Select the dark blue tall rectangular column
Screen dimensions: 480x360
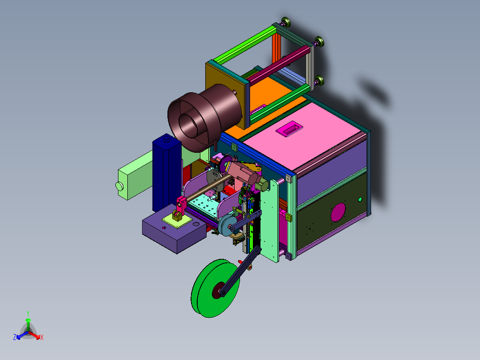(x=167, y=173)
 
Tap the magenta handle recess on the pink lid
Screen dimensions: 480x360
(x=289, y=128)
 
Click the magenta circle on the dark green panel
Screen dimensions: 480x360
(x=338, y=213)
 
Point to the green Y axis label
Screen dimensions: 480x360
(x=28, y=314)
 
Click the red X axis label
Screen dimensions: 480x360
(x=42, y=337)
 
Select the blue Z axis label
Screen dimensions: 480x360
(x=15, y=337)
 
